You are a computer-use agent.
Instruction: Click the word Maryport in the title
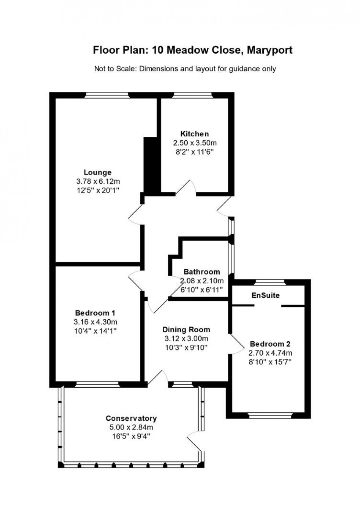tap(269, 50)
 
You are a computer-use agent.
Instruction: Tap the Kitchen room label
tap(194, 134)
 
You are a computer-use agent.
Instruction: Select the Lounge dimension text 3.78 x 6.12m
tap(98, 181)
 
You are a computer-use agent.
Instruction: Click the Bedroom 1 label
tap(95, 313)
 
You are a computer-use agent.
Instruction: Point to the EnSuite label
tap(265, 295)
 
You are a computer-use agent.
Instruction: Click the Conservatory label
tap(131, 418)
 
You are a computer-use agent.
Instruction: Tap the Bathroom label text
tap(202, 272)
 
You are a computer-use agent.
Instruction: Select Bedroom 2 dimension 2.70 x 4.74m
tap(270, 353)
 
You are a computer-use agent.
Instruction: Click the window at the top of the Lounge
tap(107, 95)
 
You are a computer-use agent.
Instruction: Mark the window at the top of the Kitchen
tap(193, 95)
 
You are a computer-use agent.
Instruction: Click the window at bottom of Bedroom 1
tap(97, 384)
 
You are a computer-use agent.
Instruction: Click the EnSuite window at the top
tap(270, 282)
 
